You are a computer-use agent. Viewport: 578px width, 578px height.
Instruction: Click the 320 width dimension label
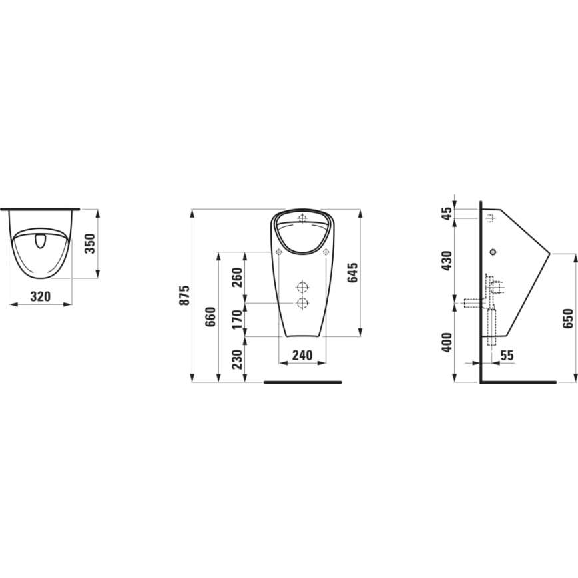[x=41, y=296]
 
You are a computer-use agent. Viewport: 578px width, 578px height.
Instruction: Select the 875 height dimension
[x=186, y=295]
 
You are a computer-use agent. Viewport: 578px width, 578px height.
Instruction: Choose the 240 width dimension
[x=302, y=356]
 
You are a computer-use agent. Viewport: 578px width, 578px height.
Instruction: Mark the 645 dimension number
[x=353, y=273]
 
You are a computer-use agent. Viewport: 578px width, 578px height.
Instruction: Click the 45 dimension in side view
[x=447, y=214]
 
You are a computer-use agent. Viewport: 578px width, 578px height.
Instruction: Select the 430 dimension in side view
[x=447, y=261]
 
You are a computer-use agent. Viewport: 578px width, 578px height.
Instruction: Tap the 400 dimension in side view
[x=447, y=342]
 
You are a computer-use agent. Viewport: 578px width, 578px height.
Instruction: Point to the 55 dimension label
[x=507, y=356]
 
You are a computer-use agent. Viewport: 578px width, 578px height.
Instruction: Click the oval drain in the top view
[x=41, y=240]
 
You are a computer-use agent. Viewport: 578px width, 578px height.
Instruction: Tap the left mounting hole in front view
[x=279, y=252]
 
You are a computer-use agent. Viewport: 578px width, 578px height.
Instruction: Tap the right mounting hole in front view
[x=326, y=252]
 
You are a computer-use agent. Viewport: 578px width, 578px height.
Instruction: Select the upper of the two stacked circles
[x=302, y=288]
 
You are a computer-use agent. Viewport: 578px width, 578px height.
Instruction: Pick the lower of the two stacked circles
[x=302, y=304]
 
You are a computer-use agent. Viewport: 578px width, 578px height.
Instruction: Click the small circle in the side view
[x=493, y=252]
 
